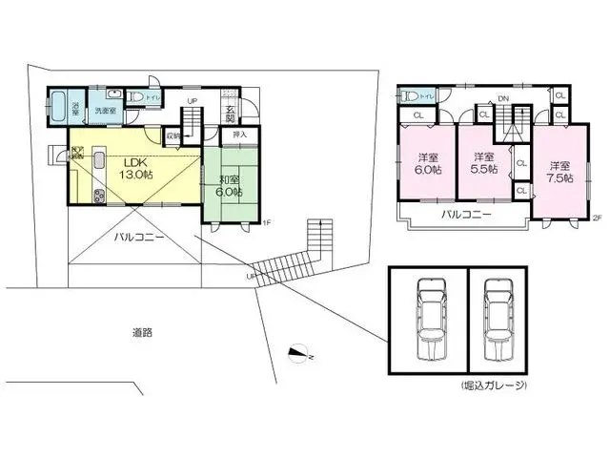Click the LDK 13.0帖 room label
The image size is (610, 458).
[134, 169]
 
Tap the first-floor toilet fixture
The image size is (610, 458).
[137, 96]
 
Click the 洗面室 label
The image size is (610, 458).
[104, 111]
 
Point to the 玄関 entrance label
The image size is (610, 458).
[231, 113]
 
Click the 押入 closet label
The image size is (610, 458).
[240, 135]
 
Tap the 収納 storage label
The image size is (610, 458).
[173, 135]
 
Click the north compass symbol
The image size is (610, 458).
[300, 355]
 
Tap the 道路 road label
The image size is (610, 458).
[143, 333]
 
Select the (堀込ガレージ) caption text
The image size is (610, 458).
[494, 385]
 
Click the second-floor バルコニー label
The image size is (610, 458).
[466, 216]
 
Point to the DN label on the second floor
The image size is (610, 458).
[501, 97]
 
